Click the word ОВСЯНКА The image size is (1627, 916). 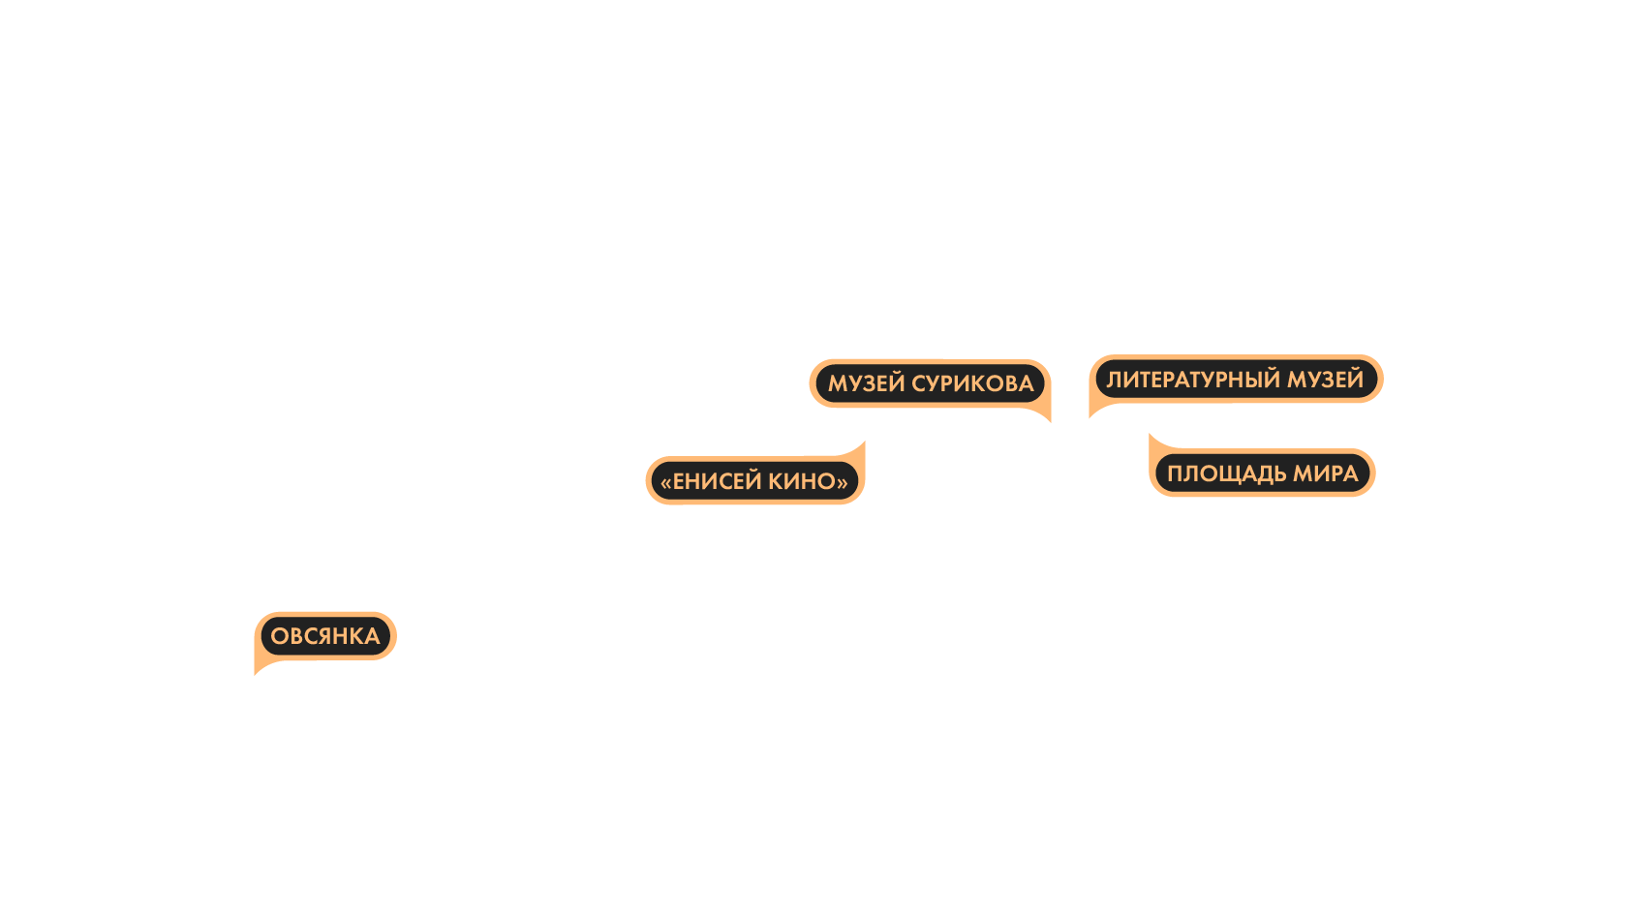pyautogui.click(x=324, y=636)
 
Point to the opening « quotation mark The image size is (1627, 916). pyautogui.click(x=665, y=482)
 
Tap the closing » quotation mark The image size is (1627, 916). pyautogui.click(x=843, y=482)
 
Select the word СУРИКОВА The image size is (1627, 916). pyautogui.click(x=972, y=383)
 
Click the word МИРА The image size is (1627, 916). pyautogui.click(x=1326, y=473)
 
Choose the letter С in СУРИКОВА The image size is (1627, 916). pyautogui.click(x=919, y=383)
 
